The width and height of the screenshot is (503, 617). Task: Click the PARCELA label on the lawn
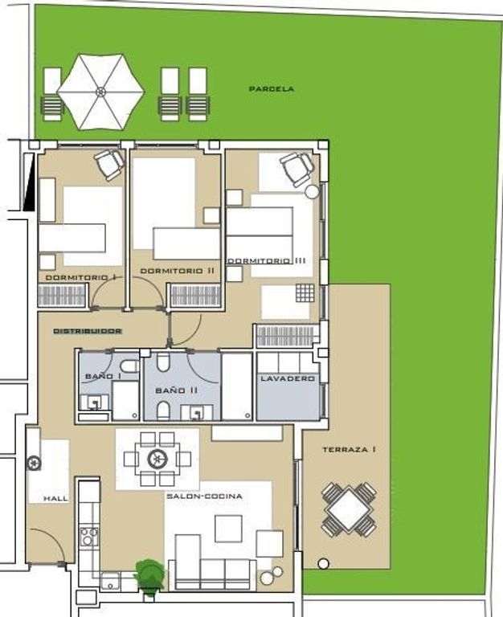pos(272,89)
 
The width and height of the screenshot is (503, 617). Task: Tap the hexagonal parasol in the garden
pos(100,92)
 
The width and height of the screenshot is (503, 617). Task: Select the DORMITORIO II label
pos(178,271)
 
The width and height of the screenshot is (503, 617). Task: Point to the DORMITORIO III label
pos(267,260)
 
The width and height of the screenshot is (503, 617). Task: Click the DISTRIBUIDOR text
pos(88,331)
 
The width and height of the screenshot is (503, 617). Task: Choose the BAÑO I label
pos(98,377)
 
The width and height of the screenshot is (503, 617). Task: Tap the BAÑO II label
pos(176,390)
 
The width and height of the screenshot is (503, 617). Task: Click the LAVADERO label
pos(288,378)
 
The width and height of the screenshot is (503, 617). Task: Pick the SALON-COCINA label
pos(204,496)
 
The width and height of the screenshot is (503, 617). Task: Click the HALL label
pos(55,499)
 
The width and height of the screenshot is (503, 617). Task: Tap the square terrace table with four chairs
pos(349,509)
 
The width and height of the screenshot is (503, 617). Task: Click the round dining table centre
pos(157,459)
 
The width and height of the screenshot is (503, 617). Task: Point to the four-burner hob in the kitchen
pos(89,537)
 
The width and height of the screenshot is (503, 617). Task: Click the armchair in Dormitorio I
pos(109,165)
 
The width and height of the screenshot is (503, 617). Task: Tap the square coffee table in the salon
pos(228,529)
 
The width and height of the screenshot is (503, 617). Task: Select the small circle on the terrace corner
pos(323,564)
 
